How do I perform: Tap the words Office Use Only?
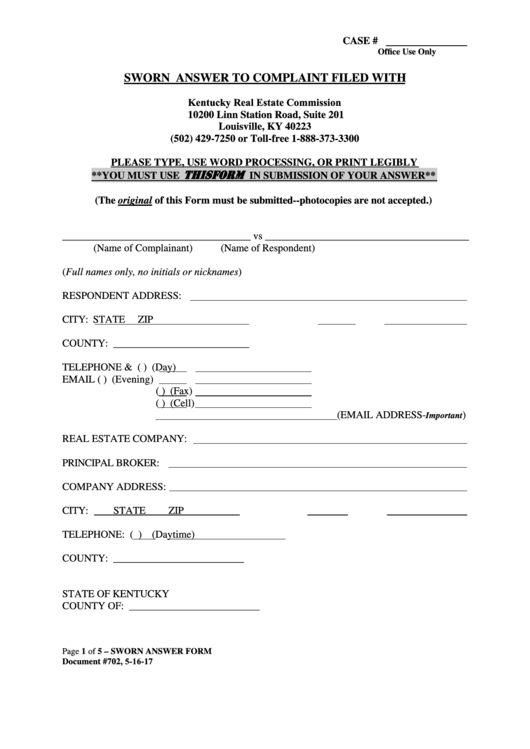click(407, 51)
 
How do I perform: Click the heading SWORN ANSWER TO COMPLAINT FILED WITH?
click(264, 76)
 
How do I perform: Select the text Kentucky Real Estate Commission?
click(265, 103)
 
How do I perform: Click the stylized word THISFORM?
click(215, 174)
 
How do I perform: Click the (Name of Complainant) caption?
click(143, 248)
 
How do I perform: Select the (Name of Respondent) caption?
click(267, 248)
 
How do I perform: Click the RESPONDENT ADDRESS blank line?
click(328, 299)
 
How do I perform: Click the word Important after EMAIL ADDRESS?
click(446, 415)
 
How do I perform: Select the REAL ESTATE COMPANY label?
click(125, 439)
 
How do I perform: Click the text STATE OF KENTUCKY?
click(115, 593)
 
